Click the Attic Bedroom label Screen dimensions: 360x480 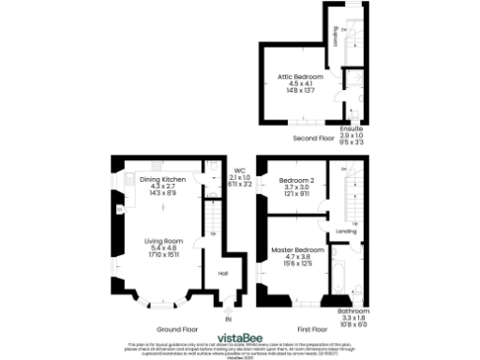300,75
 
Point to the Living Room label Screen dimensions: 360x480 161,241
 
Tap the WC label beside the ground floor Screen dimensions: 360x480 239,171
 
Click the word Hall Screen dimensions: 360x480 223,273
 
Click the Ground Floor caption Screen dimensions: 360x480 176,329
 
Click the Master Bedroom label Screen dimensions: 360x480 296,250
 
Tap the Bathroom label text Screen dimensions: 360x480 354,310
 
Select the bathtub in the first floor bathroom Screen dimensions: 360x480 340,283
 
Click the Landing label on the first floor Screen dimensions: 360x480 345,230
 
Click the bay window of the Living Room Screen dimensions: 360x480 164,303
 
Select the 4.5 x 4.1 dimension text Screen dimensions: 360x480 300,82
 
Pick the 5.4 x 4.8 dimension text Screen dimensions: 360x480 161,248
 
